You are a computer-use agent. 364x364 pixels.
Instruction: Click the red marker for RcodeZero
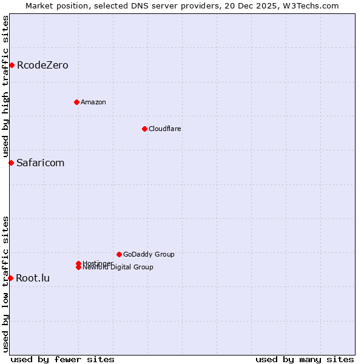[x=12, y=65]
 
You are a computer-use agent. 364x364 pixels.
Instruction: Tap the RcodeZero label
[x=42, y=66]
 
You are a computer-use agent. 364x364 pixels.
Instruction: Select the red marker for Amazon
[x=76, y=102]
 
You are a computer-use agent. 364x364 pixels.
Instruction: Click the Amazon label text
[x=93, y=102]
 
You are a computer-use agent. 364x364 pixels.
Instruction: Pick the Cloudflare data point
[x=144, y=129]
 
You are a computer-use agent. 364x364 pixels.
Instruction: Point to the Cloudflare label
[x=165, y=129]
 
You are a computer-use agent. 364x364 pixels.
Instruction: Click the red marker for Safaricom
[x=11, y=163]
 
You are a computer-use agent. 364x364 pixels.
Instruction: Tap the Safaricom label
[x=40, y=163]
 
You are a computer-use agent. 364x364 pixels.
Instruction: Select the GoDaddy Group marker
[x=119, y=254]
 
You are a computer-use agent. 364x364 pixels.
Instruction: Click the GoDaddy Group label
[x=149, y=254]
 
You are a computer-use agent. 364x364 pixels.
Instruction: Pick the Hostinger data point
[x=78, y=263]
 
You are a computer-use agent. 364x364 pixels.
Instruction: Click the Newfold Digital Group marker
[x=78, y=268]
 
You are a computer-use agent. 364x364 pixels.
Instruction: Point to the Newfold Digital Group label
[x=118, y=268]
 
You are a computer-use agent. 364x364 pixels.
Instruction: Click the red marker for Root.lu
[x=11, y=278]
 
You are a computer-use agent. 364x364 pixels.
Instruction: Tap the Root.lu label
[x=33, y=278]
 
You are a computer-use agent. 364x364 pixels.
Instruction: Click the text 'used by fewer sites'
[x=62, y=359]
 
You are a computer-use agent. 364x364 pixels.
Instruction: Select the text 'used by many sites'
[x=305, y=359]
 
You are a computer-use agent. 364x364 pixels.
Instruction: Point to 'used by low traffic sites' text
[x=6, y=284]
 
